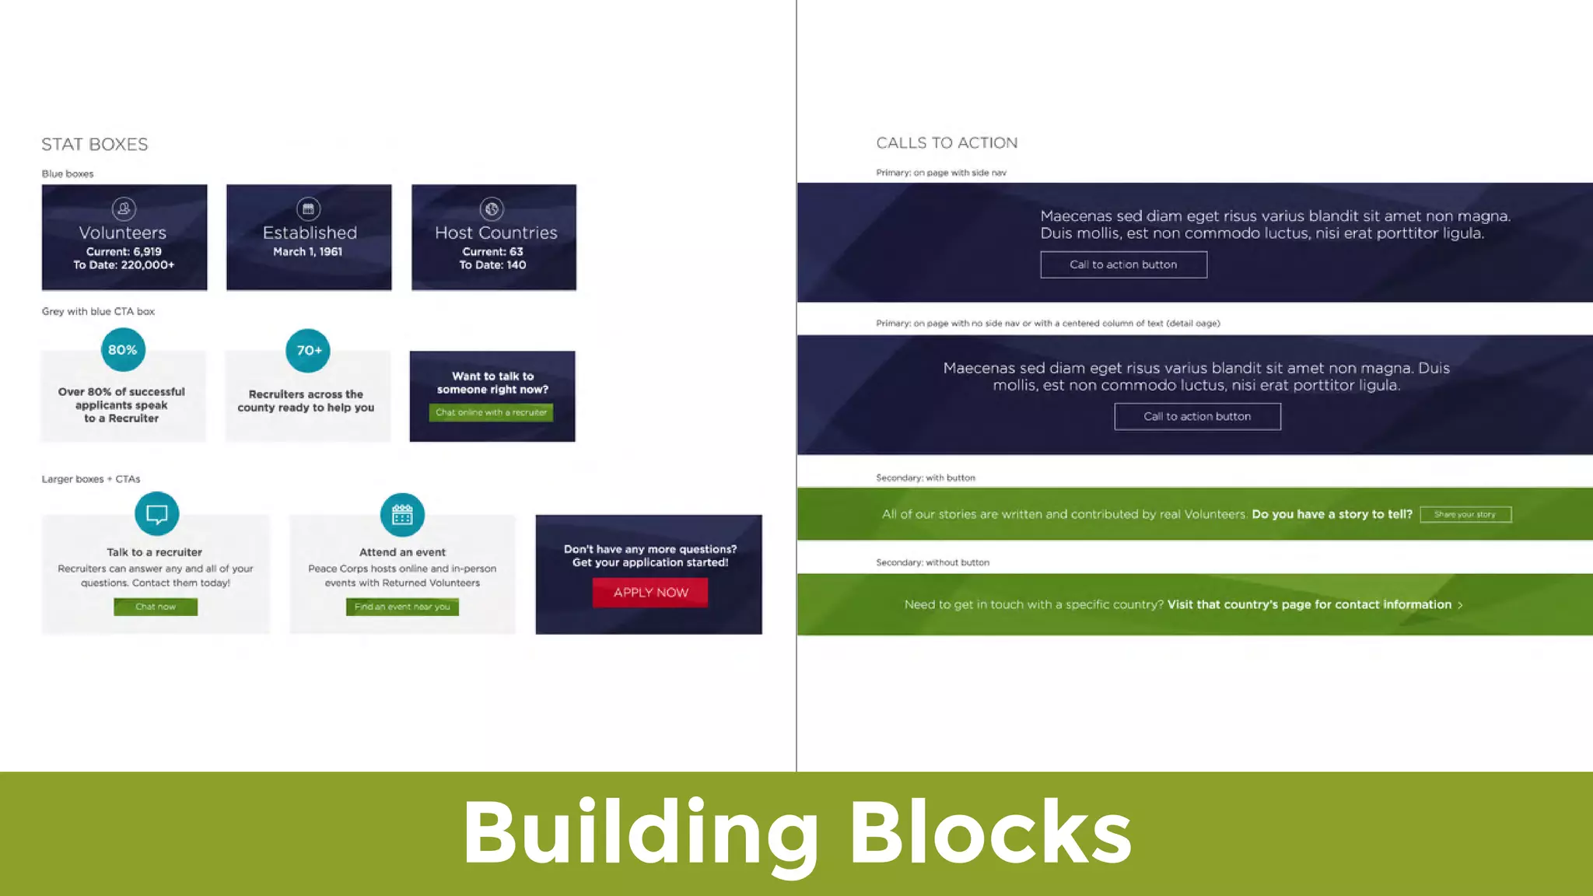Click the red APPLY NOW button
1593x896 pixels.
650,593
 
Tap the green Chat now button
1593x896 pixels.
156,607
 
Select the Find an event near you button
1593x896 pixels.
402,607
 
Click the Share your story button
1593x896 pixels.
1465,514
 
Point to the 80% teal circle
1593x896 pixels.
123,350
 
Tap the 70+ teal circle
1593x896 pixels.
308,351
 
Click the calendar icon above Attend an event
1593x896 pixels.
402,515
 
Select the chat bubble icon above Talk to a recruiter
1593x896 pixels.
156,514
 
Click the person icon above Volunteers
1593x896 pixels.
124,208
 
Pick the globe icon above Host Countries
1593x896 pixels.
492,208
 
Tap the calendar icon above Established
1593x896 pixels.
308,208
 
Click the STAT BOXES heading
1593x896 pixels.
94,145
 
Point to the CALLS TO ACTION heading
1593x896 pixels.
947,143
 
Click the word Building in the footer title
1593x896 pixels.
640,834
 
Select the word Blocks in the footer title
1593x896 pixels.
989,832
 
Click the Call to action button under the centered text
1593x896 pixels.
1197,417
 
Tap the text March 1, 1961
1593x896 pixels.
307,252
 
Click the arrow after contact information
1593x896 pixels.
1460,605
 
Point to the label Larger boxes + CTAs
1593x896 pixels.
91,479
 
